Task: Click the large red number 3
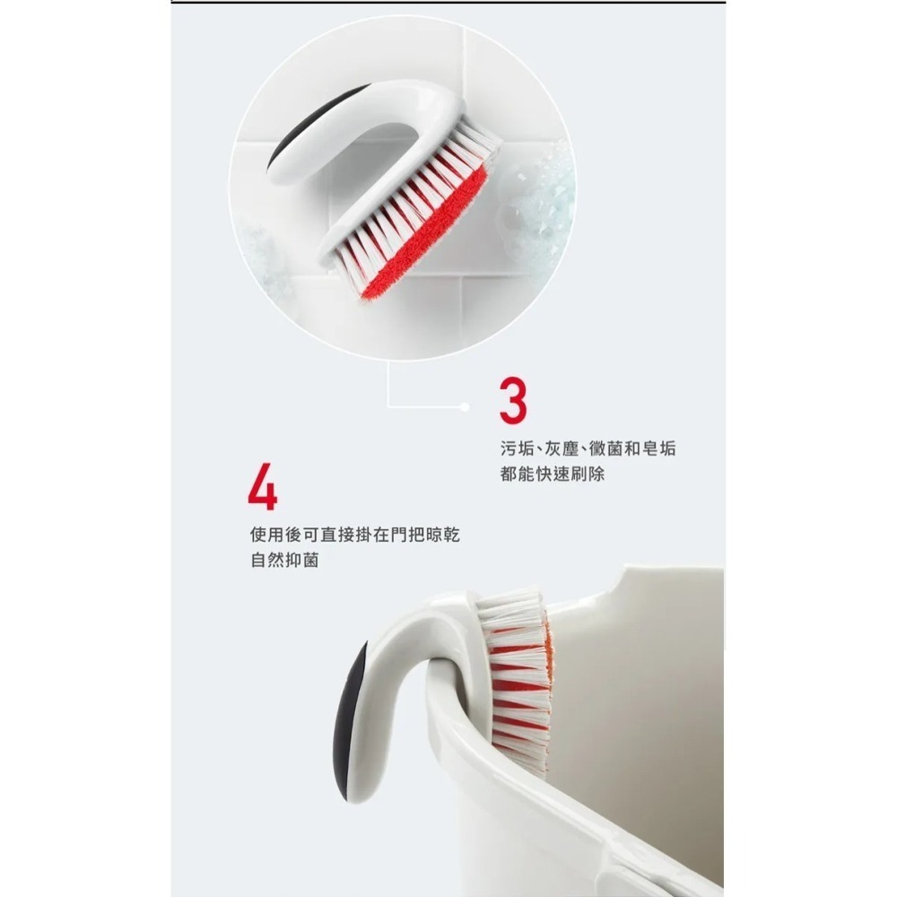(x=513, y=401)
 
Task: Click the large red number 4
(x=262, y=488)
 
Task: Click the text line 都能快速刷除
(x=552, y=474)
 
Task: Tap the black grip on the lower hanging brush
(x=352, y=718)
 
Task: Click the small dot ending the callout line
(x=464, y=406)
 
